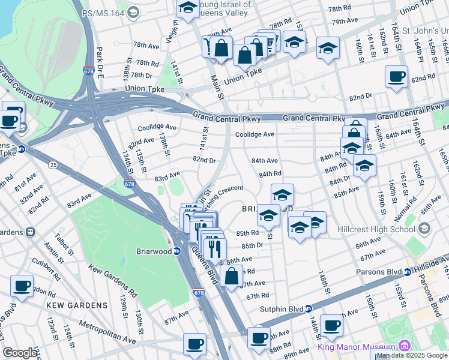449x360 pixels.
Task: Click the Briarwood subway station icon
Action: coord(178,251)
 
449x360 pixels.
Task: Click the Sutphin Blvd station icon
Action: coord(309,308)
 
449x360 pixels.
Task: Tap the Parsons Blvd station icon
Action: coord(409,272)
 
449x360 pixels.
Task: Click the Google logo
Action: coord(20,353)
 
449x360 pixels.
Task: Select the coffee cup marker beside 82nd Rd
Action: coord(396,77)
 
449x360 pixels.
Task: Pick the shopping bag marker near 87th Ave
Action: coord(231,276)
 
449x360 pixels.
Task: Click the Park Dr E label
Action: coord(100,61)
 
